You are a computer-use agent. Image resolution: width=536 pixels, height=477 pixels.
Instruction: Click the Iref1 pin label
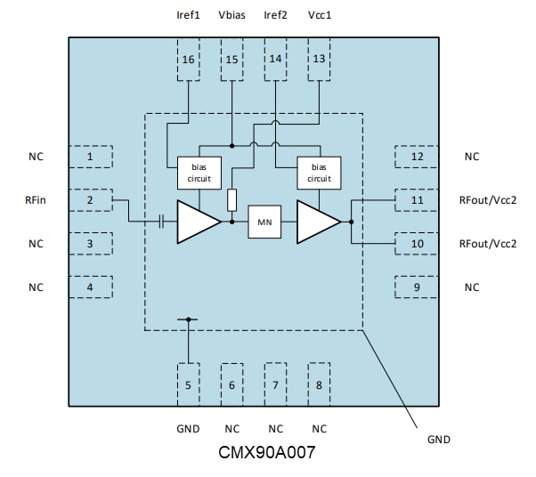tap(188, 14)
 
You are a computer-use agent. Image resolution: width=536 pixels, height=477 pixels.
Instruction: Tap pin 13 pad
tap(319, 60)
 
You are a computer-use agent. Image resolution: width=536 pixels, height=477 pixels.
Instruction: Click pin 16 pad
tap(188, 60)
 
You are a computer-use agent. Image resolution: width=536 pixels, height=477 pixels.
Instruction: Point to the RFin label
tap(37, 200)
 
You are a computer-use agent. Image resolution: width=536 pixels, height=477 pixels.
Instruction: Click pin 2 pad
tap(91, 200)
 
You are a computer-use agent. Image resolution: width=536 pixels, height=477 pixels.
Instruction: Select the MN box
tap(264, 222)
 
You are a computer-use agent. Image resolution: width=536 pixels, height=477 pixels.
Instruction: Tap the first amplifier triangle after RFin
tap(196, 222)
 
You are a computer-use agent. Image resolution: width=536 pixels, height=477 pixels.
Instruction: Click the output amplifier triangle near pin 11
tap(316, 222)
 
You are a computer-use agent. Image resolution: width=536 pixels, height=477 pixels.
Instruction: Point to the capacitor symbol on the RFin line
tap(162, 222)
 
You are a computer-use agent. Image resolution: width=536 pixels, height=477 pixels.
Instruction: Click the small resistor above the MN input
tap(231, 198)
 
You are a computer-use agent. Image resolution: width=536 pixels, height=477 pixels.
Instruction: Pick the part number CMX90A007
tap(267, 452)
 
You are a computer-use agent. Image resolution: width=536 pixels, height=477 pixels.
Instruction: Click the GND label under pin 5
tap(188, 428)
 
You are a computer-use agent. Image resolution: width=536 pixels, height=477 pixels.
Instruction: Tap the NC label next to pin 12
tap(472, 157)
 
